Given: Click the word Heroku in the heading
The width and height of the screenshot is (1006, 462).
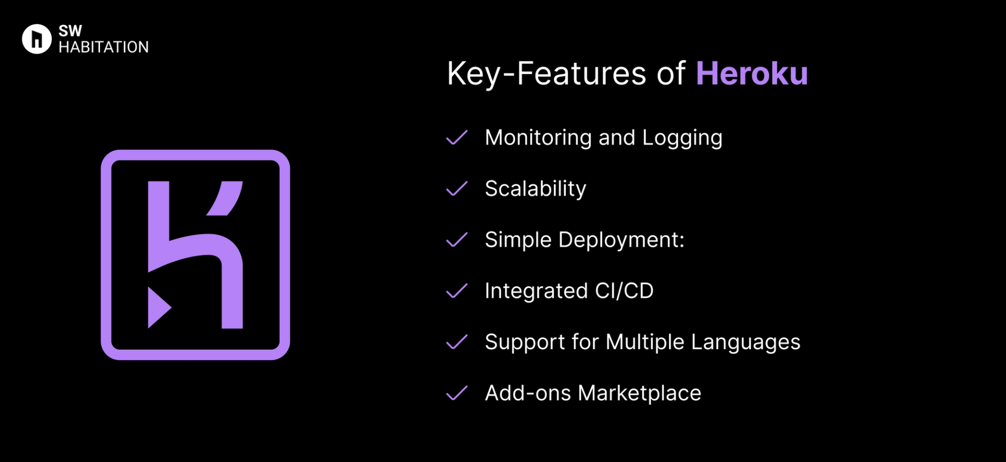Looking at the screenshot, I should click(x=751, y=73).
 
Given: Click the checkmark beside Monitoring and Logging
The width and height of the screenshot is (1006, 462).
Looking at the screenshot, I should click(x=456, y=137).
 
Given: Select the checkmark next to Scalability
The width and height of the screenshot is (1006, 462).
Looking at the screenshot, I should click(x=456, y=188).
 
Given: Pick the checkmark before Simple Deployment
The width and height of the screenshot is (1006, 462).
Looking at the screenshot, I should click(x=456, y=240).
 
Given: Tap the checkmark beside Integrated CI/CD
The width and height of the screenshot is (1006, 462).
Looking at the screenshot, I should click(x=456, y=291).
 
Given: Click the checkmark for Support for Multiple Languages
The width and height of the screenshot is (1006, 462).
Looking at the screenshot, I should click(x=456, y=342).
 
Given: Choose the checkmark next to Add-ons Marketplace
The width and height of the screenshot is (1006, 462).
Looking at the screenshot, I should click(x=456, y=393).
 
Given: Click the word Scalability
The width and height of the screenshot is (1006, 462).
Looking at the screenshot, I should click(x=535, y=189).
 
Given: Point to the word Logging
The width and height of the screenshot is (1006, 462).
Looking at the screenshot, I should click(x=682, y=138).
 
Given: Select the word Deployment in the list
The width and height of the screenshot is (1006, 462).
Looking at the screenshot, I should click(x=621, y=240).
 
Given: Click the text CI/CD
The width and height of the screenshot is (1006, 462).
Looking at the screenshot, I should click(x=624, y=291).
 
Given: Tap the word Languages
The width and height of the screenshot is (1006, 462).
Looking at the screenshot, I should click(x=745, y=342).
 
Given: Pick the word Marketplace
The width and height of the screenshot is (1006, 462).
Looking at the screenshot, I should click(x=639, y=393).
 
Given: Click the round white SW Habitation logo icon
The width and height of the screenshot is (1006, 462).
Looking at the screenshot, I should click(x=37, y=39).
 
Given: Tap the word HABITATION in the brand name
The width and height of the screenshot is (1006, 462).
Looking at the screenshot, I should click(x=103, y=47).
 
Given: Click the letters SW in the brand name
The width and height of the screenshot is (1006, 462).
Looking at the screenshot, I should click(x=70, y=31).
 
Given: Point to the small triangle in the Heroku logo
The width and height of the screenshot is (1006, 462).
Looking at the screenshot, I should click(x=157, y=307).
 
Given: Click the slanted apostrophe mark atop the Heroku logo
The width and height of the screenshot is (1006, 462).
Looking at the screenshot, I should click(x=226, y=198).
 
